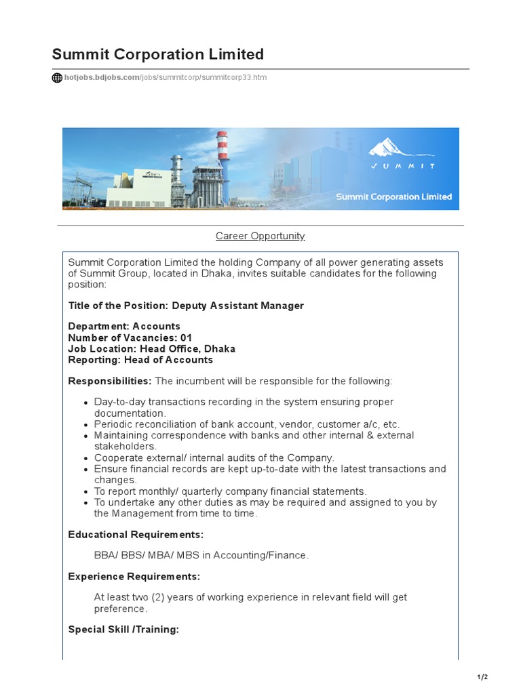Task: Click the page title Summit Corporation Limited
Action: click(158, 54)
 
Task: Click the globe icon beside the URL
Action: click(57, 78)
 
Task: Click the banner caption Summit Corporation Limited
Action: click(393, 197)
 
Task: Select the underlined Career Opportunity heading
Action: click(260, 236)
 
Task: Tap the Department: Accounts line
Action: click(124, 326)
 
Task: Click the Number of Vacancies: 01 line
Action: click(130, 338)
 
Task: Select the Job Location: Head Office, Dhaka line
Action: click(152, 349)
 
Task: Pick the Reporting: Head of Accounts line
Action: click(140, 360)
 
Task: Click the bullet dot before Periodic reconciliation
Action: click(85, 425)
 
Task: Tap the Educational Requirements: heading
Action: click(136, 535)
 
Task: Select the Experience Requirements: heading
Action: click(134, 577)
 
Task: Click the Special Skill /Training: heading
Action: click(123, 630)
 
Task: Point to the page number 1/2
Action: click(482, 677)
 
